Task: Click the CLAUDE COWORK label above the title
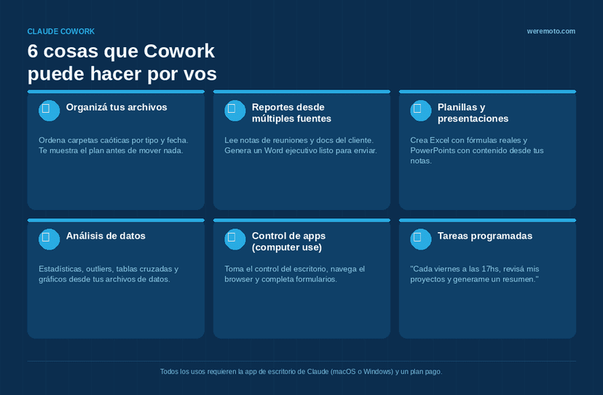coord(60,31)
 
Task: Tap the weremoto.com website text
coord(551,31)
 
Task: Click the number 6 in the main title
coord(33,51)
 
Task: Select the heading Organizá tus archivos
coord(117,107)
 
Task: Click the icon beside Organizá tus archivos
coord(50,111)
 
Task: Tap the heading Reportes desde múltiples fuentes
coord(291,113)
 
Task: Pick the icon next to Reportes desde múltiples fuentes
coord(235,111)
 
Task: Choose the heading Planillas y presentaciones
coord(473,113)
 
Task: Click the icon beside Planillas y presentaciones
coord(421,111)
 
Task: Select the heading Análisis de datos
coord(106,236)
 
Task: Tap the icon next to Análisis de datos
coord(50,239)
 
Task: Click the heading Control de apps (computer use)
coord(289,242)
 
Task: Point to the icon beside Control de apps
coord(235,239)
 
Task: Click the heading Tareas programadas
coord(485,236)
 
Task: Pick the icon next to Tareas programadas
coord(421,239)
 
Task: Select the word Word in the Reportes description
coord(273,151)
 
